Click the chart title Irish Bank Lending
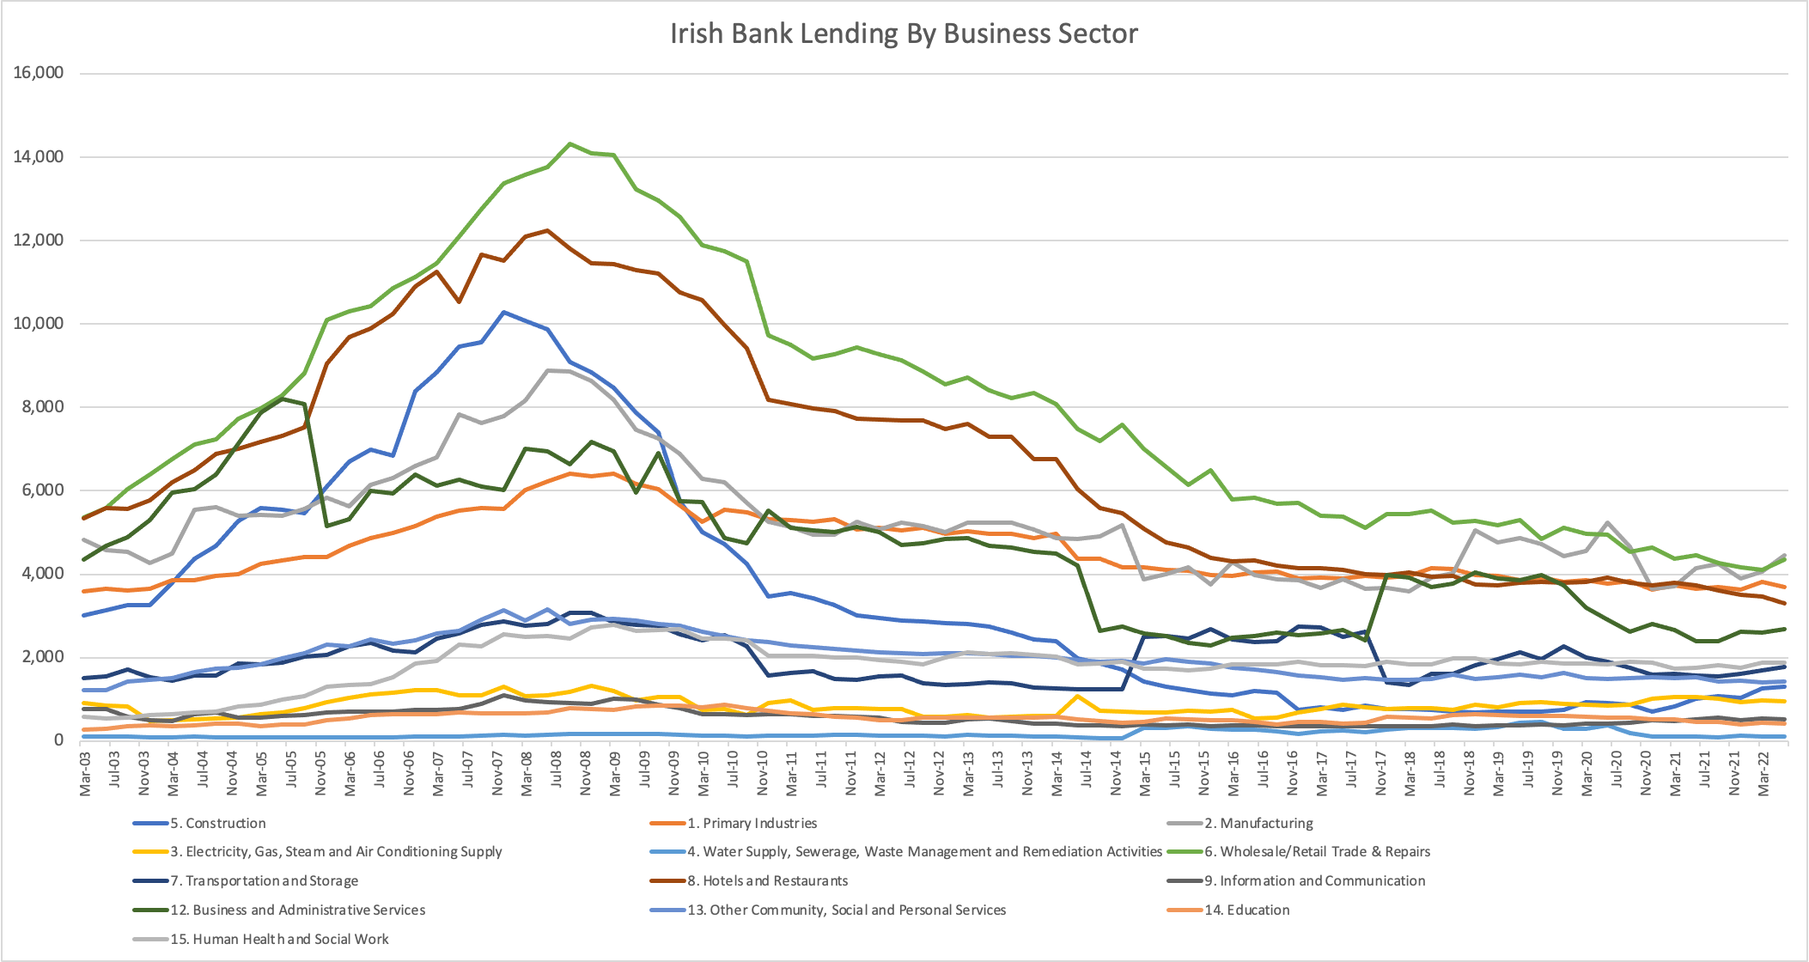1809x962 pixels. tap(904, 33)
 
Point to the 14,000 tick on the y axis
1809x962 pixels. tap(39, 156)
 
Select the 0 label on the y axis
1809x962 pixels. tap(58, 740)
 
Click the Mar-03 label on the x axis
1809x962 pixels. tap(85, 772)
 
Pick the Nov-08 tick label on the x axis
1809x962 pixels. tap(586, 772)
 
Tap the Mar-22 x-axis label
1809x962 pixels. tap(1763, 772)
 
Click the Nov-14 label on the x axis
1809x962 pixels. tap(1116, 772)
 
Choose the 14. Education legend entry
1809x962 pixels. tap(1246, 910)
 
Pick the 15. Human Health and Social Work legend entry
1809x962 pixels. tap(279, 939)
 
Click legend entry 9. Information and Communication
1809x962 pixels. tap(1314, 880)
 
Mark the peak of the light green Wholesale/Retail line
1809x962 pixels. tap(569, 143)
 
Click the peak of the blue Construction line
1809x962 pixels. tap(503, 312)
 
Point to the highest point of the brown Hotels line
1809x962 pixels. tap(547, 230)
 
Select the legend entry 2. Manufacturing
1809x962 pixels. tap(1258, 823)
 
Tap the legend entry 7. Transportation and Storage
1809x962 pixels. tap(264, 880)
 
